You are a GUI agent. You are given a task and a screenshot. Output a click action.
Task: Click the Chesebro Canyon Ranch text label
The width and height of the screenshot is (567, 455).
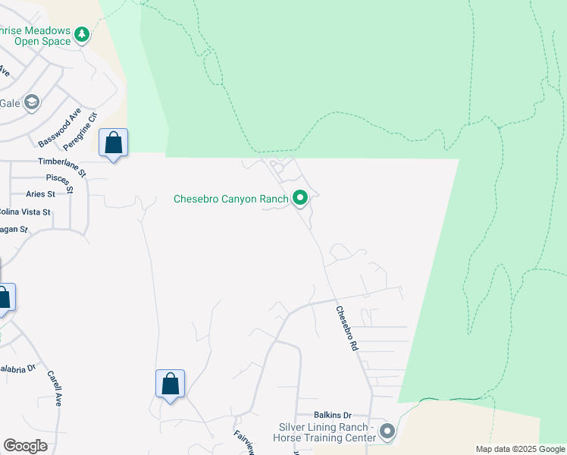(x=231, y=199)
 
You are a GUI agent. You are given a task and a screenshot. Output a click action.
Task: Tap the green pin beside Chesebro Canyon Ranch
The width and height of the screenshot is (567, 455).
(x=300, y=199)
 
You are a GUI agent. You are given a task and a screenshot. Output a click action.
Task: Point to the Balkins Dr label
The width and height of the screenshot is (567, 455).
(x=334, y=415)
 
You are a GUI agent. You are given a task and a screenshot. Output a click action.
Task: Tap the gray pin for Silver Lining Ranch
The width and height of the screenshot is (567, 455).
(x=387, y=432)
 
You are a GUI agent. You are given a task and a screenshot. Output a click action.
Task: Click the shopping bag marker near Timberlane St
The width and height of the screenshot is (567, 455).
(x=113, y=143)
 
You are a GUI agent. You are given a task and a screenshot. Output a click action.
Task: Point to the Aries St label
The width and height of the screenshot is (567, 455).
(x=41, y=194)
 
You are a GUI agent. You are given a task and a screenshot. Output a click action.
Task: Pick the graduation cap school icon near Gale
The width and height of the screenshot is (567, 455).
(x=31, y=102)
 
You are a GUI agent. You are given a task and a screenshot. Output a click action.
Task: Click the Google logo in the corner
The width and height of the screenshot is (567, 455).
(x=25, y=446)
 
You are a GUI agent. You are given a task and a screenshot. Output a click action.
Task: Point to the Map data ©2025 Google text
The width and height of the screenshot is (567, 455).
(x=519, y=449)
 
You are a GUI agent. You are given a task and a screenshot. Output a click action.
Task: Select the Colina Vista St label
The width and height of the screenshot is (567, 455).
(x=24, y=212)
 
